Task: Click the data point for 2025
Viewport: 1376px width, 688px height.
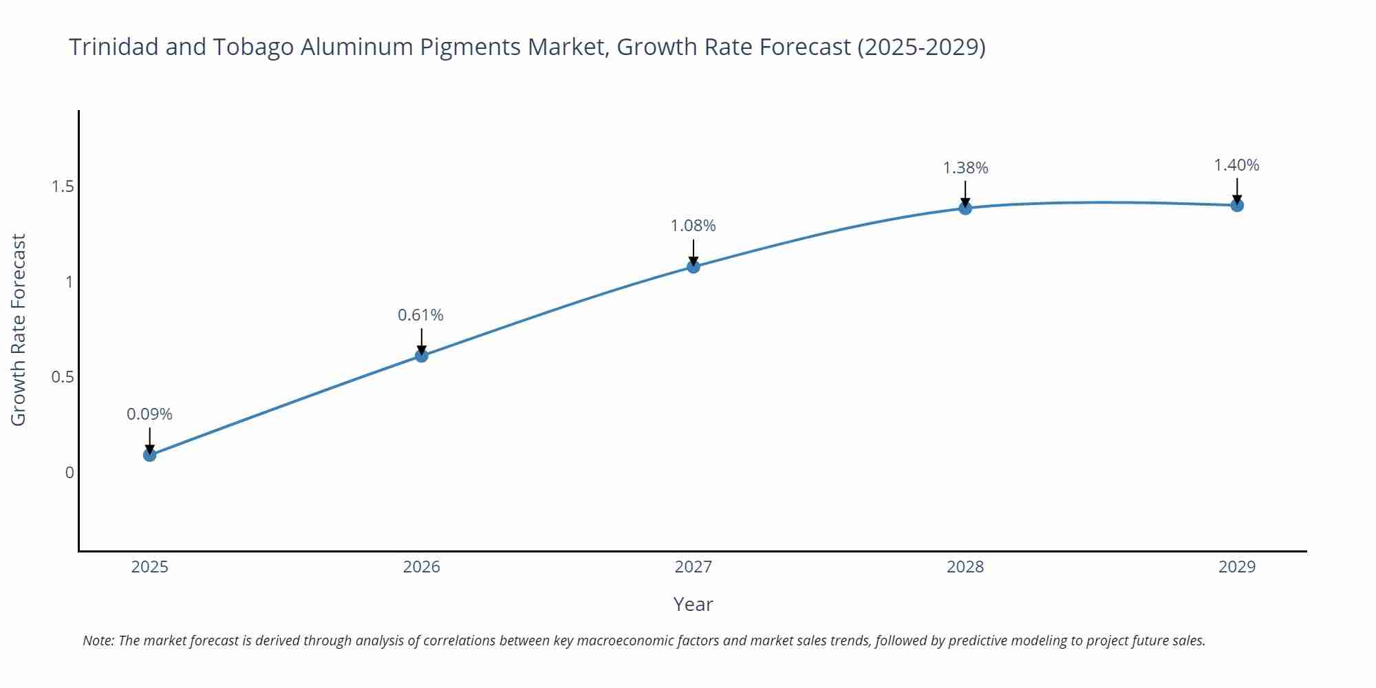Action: (x=150, y=455)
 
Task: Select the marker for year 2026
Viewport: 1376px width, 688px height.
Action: (x=422, y=356)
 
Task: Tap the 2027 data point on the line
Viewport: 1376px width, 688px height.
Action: (x=694, y=266)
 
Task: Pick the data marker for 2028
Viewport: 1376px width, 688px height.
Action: (x=965, y=208)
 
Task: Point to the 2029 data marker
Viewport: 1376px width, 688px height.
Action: (x=1237, y=205)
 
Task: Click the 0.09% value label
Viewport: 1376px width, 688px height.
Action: (x=149, y=414)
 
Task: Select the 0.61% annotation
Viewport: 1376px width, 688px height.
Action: (x=420, y=315)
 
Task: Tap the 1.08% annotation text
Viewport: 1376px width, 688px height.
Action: (x=693, y=226)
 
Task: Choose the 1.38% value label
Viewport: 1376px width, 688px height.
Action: (x=965, y=168)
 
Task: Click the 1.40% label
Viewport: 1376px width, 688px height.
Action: (x=1236, y=165)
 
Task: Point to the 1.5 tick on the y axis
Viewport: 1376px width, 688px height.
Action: (x=63, y=186)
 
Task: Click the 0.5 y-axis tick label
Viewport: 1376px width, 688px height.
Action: (x=63, y=377)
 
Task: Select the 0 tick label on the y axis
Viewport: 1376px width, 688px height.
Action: (x=69, y=473)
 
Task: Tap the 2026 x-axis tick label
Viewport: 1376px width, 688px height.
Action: (x=421, y=567)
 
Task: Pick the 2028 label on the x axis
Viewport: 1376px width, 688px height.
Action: (x=965, y=567)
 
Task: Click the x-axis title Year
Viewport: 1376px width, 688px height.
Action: (x=693, y=604)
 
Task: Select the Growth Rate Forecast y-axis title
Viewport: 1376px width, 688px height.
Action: (x=19, y=330)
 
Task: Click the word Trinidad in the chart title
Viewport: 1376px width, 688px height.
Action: (x=114, y=47)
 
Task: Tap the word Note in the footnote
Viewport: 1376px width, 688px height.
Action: (x=98, y=641)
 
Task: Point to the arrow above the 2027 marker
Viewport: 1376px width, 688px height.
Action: (x=694, y=252)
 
